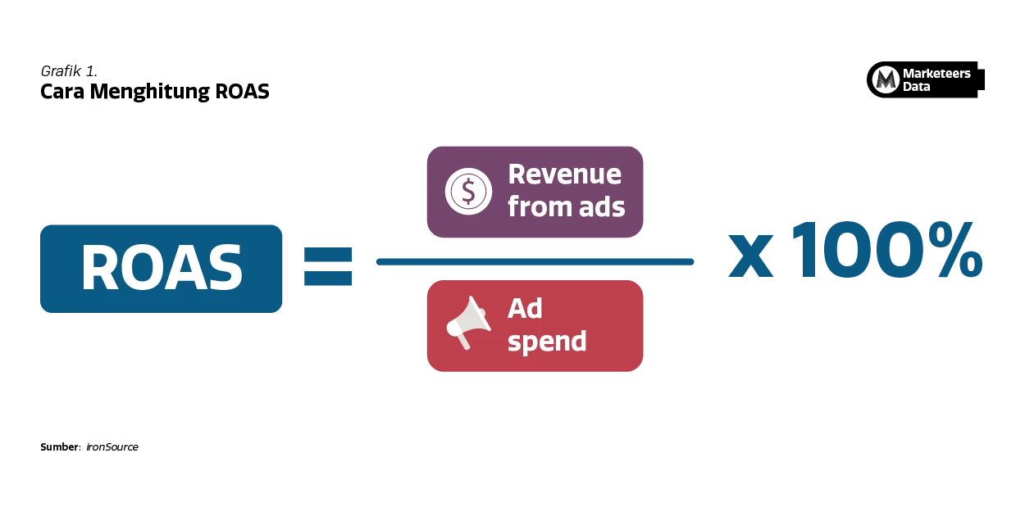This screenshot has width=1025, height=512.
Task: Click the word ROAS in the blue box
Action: coord(162,268)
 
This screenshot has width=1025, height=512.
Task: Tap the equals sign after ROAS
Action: coord(328,265)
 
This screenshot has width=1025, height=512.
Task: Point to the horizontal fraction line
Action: coord(534,262)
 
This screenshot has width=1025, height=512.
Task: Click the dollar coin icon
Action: coord(468,191)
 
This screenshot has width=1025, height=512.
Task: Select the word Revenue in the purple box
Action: coord(564,174)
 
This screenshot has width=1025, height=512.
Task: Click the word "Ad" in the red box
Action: coord(525,309)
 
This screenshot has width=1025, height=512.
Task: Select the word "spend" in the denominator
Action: coord(547,341)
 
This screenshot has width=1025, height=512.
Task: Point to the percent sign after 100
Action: coord(952,251)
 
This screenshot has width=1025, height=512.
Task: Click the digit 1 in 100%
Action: coord(807,251)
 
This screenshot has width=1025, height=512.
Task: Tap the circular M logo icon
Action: coord(885,79)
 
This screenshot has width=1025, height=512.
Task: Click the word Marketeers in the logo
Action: coord(936,74)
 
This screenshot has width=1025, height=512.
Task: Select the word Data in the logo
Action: coord(916,87)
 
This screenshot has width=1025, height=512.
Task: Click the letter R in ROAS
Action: coord(99,268)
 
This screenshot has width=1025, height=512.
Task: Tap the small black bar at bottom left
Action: coord(91,446)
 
